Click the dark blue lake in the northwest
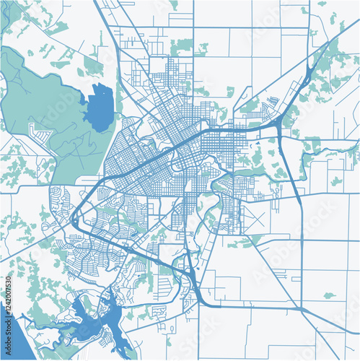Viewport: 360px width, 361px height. coord(100,107)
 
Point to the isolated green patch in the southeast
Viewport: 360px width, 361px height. coord(329,295)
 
